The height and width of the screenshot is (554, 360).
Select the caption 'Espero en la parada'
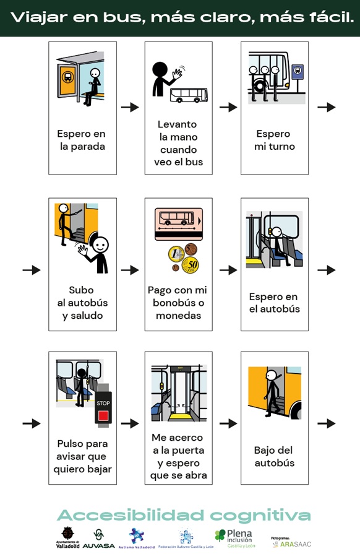pos(82,141)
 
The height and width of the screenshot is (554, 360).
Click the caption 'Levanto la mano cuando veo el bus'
pos(178,143)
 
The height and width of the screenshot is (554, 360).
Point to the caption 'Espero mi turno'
pos(274,141)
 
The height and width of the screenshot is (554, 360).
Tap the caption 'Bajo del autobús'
pos(274,457)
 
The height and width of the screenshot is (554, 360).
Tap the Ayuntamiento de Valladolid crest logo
pos(67,537)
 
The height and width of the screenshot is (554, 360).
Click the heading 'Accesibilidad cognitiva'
pos(184,515)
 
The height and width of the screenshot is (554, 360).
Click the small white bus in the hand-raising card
pos(189,95)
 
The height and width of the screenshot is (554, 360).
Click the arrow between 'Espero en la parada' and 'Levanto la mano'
pos(130,107)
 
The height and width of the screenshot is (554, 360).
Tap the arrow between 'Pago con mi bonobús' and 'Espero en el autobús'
pos(228,270)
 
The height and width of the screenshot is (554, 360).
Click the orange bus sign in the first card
pos(67,79)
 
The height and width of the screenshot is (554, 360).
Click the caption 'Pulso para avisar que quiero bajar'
pos(82,457)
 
